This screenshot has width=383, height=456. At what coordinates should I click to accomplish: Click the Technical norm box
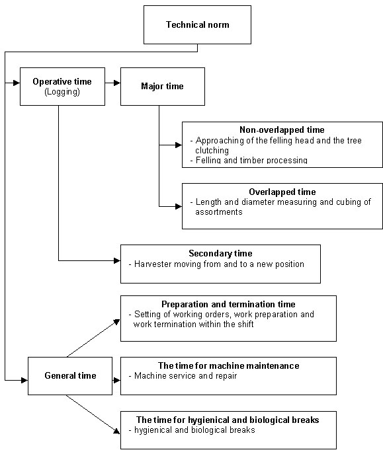(x=197, y=24)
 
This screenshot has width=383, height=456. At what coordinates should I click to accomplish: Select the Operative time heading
(x=62, y=82)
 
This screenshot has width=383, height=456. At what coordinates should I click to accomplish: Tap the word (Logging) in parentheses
(x=62, y=92)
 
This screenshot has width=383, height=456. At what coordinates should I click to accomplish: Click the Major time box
(x=163, y=87)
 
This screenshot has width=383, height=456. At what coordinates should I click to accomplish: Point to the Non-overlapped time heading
(x=282, y=130)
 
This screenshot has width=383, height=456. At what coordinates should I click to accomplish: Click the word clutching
(x=212, y=151)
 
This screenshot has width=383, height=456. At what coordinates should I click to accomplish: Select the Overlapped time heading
(x=282, y=192)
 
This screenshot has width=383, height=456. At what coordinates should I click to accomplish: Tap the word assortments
(x=219, y=211)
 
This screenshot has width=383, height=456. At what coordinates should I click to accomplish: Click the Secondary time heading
(x=220, y=253)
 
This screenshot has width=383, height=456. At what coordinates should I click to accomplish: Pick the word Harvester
(x=153, y=264)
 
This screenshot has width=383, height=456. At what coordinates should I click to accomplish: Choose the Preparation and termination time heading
(x=228, y=304)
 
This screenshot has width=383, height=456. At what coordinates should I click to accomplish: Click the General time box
(x=70, y=376)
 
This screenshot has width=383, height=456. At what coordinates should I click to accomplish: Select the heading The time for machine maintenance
(x=228, y=365)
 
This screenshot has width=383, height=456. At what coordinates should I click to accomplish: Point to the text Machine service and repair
(x=185, y=376)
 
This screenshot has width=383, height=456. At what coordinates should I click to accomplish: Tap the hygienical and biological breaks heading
(x=228, y=420)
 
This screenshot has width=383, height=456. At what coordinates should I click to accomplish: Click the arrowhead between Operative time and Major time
(x=117, y=83)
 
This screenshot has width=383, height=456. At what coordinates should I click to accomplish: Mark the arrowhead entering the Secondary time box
(x=117, y=260)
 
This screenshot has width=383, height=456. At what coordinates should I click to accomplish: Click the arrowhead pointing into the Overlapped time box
(x=179, y=206)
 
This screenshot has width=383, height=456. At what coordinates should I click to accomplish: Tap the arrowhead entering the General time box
(x=24, y=380)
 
